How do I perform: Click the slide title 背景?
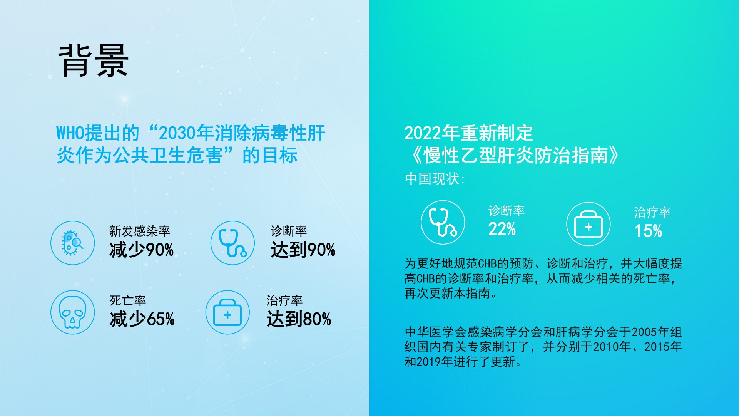point(93,60)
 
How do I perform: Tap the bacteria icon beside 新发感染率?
point(73,243)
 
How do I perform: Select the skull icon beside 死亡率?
point(73,312)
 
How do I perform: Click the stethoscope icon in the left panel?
point(232,243)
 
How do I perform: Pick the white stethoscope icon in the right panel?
point(443,222)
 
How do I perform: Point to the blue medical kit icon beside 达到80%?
point(227,312)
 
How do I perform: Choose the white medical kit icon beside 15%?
point(589,224)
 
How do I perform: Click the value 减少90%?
point(142,250)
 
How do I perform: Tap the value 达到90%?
point(303,250)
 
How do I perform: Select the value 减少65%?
point(142,319)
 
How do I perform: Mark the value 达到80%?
point(299,319)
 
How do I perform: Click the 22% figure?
point(502,229)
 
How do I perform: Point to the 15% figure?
point(648,231)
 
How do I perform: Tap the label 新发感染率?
point(139,231)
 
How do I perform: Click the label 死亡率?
point(128,300)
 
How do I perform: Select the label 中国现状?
point(435,179)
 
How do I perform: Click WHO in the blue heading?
point(70,133)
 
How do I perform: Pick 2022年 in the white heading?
point(432,133)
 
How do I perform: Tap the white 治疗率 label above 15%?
point(652,212)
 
